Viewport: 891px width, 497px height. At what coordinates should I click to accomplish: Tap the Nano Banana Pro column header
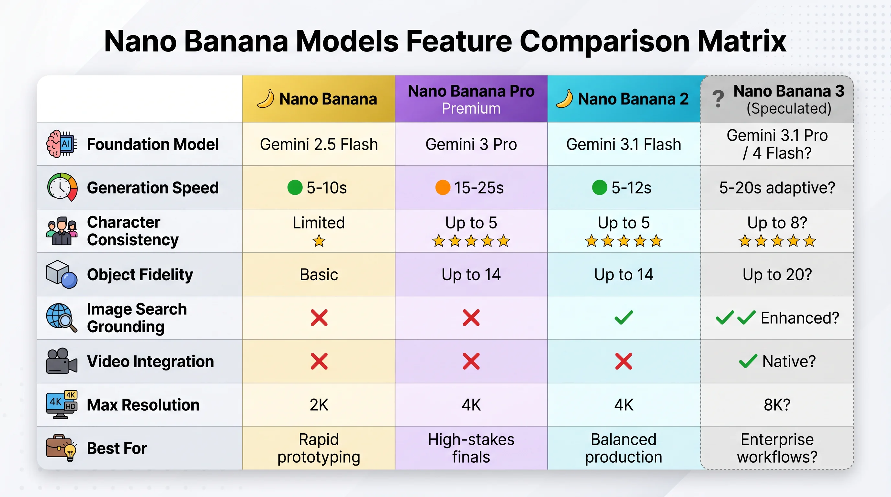point(471,99)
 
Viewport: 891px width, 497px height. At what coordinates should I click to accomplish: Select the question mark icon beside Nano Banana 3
point(718,99)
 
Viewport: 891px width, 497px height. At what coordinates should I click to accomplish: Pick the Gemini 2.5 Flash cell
point(319,144)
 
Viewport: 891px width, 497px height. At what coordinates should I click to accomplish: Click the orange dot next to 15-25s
point(442,188)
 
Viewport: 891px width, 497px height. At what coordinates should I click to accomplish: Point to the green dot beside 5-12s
point(599,188)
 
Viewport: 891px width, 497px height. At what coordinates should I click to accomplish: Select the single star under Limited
point(319,241)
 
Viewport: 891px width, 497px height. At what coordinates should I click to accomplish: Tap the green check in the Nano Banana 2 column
point(624,318)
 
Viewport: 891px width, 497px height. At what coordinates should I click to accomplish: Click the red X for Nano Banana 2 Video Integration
point(624,361)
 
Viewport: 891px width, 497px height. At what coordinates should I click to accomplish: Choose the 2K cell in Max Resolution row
point(319,405)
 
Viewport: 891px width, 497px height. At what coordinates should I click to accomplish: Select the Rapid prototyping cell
point(319,448)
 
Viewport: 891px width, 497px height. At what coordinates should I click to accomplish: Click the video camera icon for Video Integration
point(62,361)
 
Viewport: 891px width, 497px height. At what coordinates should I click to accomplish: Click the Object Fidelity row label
point(140,274)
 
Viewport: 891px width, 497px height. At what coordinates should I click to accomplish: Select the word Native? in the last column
point(789,361)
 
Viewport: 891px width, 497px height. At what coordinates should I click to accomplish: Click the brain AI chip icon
point(62,144)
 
